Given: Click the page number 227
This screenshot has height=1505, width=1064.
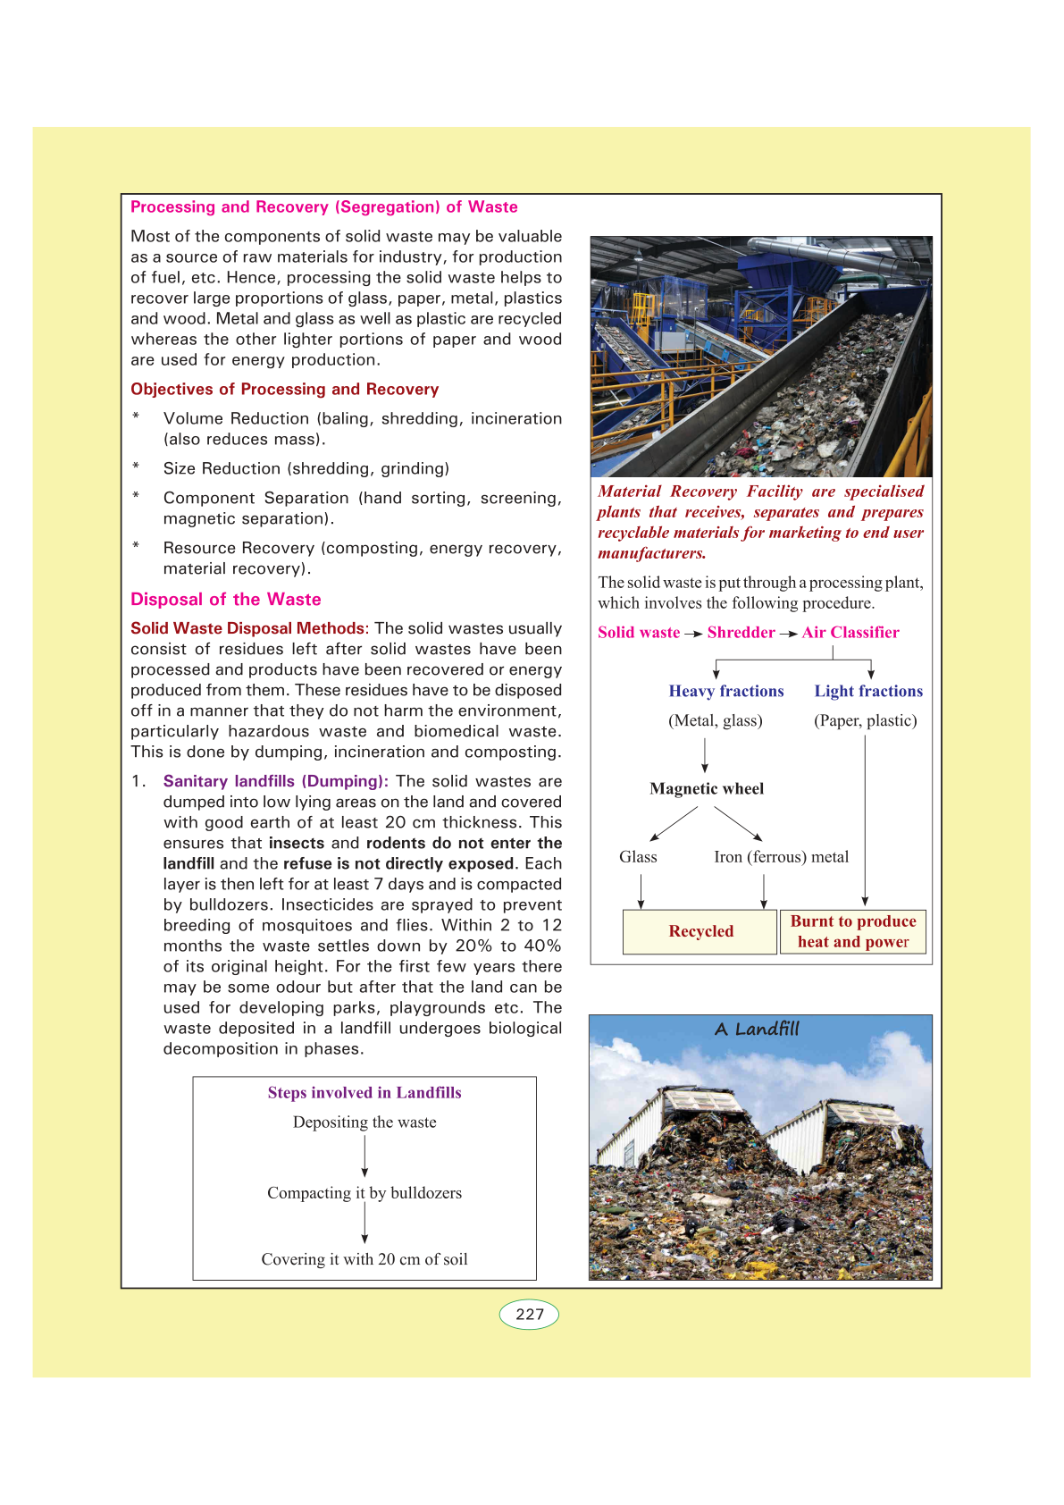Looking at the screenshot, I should point(530,1314).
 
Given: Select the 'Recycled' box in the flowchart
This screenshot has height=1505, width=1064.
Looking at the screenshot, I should point(700,931).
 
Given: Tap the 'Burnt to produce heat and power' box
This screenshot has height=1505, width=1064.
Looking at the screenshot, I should point(853,931).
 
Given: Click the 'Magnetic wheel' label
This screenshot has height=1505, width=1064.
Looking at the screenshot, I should point(707,788).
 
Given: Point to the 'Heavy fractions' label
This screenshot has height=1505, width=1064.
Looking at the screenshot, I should point(726,691).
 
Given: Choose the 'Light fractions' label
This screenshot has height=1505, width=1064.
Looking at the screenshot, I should point(868,691).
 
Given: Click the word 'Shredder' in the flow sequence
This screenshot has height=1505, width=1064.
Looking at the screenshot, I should point(741,632).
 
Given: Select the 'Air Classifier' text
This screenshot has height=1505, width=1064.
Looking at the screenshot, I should point(850,632).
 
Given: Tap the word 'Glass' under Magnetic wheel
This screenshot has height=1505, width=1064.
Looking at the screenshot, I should point(638,856).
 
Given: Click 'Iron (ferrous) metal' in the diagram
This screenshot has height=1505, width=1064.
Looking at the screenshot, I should point(782,856).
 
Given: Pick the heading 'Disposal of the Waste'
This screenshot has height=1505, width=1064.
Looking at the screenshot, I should point(226,599).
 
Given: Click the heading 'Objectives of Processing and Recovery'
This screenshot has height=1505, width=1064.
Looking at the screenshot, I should point(285,389).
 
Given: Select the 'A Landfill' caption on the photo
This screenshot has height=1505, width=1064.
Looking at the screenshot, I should point(757,1029).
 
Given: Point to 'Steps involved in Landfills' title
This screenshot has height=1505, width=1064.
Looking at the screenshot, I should point(364,1092).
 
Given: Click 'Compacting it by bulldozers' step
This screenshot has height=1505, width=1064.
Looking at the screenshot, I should point(364,1192).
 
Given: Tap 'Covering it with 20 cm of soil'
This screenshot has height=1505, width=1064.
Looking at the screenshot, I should point(364,1258).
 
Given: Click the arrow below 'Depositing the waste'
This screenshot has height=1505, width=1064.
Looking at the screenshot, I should point(364,1156).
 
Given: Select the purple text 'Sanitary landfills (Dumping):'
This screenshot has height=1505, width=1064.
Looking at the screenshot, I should point(275,781).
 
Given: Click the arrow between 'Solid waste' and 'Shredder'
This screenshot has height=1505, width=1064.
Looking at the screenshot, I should point(693,634).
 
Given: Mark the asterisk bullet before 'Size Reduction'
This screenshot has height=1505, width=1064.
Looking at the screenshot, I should point(136,467).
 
